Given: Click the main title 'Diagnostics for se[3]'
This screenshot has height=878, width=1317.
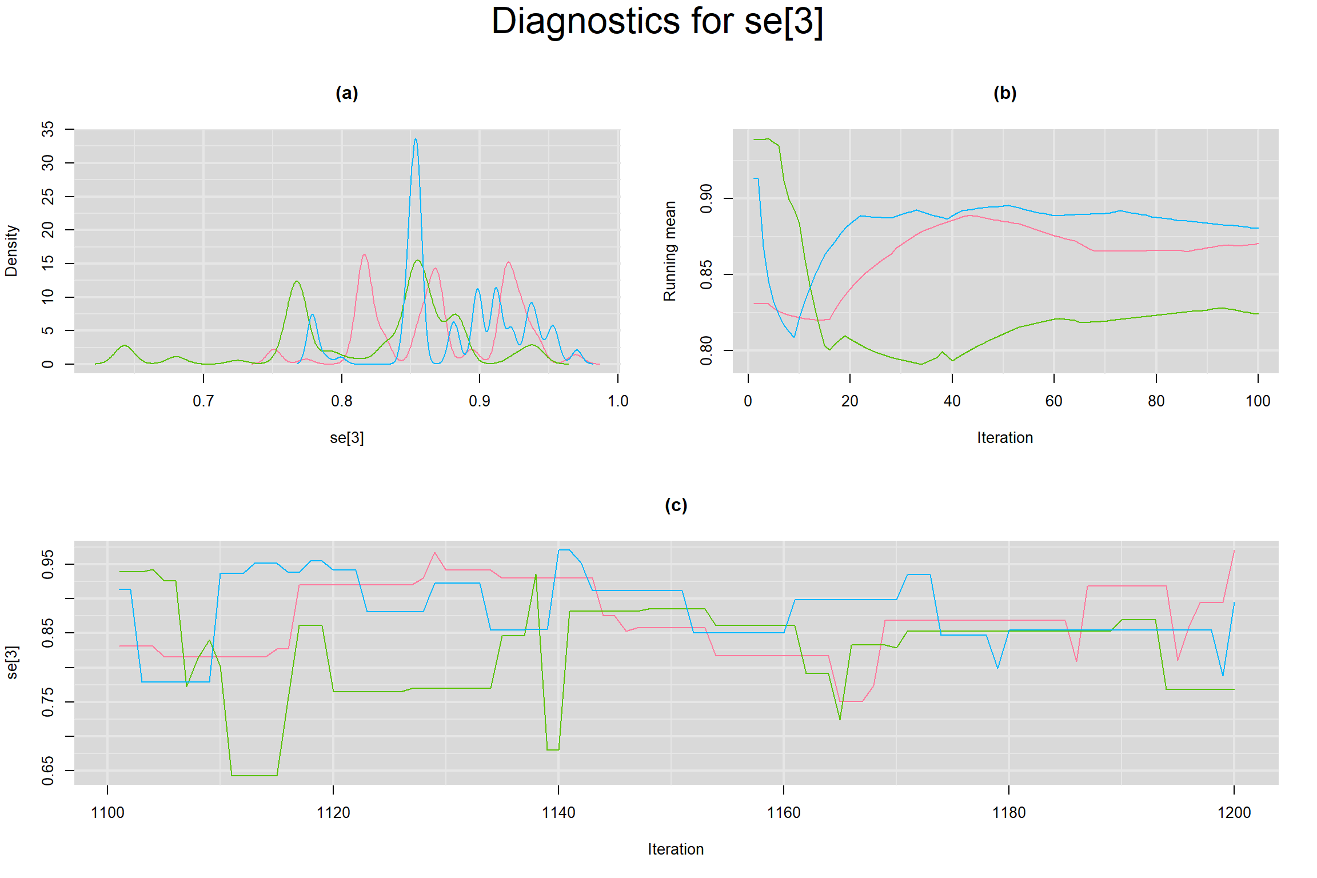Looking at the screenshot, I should point(657,22).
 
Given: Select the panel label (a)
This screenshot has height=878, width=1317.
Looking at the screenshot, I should point(346,93).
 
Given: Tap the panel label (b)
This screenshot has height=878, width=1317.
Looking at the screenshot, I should point(1005,93).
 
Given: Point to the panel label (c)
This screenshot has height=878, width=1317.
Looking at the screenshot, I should point(676,505).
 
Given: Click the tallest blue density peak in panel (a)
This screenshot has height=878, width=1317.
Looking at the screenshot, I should point(416,139).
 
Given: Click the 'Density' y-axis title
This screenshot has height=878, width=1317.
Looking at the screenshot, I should point(11,251).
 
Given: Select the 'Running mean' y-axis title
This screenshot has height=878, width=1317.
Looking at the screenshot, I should point(669,251).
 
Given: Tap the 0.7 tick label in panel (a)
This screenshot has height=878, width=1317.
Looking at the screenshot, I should point(203,401).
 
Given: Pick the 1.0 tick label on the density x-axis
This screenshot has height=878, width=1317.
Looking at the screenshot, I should point(617,401).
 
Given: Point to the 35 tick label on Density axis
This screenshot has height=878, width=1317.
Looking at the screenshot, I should point(48,129).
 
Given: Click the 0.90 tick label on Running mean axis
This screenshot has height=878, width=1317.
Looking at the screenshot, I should point(707,198).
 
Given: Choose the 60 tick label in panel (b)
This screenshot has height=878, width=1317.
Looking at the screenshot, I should point(1054,401).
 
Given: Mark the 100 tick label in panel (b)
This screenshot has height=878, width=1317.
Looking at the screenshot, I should point(1258,401).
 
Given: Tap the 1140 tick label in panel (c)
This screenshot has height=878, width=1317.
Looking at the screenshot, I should point(558,812).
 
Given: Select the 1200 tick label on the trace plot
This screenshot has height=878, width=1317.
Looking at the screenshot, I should point(1234,812).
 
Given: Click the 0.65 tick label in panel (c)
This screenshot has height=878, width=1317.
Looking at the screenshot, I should point(48,771).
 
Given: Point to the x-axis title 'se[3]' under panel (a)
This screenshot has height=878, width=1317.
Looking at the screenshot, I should point(346,438).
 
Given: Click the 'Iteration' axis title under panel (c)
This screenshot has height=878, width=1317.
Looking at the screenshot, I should point(676,849).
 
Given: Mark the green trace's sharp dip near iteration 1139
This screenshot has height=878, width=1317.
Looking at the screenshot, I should point(553,749).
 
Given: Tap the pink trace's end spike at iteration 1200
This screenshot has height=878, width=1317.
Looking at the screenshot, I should point(1234,551).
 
